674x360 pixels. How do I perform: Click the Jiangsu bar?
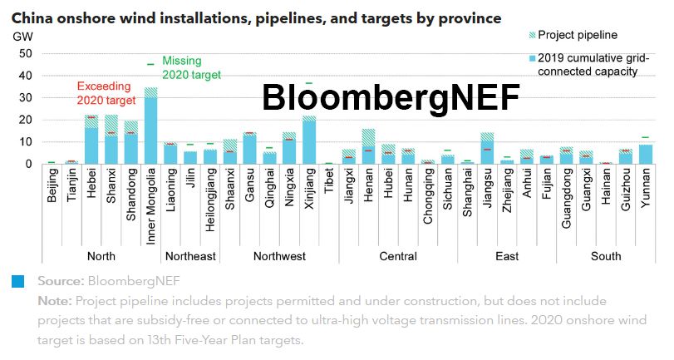coord(487,148)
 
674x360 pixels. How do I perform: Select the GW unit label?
coord(22,36)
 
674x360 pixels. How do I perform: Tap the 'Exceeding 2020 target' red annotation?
coord(106,93)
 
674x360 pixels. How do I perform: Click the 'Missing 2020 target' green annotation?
coord(191,67)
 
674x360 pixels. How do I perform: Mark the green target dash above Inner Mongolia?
coord(150,64)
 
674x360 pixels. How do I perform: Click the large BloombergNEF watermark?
coord(391,97)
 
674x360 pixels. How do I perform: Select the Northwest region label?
coord(279,256)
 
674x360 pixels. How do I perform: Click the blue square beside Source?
coord(17,281)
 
